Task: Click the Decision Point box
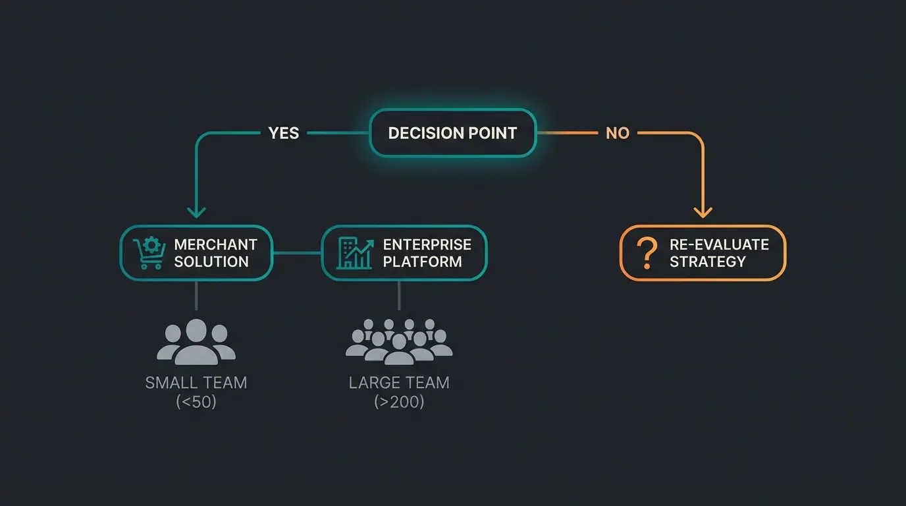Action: click(452, 133)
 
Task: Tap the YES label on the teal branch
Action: click(284, 133)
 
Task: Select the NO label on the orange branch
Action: click(617, 133)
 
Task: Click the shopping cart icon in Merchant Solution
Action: click(148, 254)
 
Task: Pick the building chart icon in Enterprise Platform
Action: click(354, 254)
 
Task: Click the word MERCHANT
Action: click(215, 244)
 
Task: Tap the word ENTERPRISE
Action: click(427, 244)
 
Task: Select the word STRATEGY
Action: click(707, 262)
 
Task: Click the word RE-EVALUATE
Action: click(719, 244)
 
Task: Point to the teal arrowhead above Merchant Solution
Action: click(196, 211)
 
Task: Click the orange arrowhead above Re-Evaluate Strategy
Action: click(703, 211)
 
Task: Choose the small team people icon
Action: click(196, 341)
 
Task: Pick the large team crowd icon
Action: click(399, 341)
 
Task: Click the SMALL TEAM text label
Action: click(196, 382)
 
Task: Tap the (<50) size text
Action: click(196, 401)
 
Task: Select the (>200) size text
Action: click(399, 401)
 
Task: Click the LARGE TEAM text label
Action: click(399, 382)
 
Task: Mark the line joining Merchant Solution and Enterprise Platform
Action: click(297, 253)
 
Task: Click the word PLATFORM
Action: click(422, 262)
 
